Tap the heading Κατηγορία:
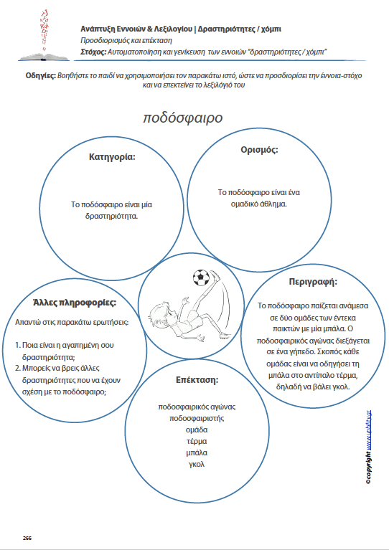(112, 156)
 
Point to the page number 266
(27, 537)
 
